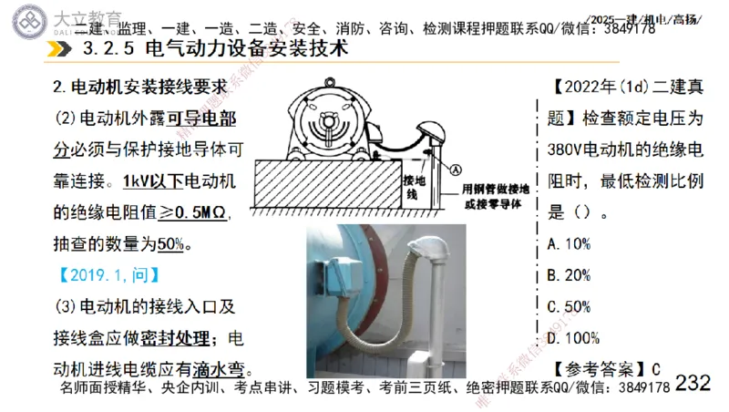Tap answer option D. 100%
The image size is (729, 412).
[573, 337]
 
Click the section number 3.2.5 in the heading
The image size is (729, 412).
[109, 48]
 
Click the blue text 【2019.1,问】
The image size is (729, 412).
[108, 274]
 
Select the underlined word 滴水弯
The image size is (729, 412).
[220, 369]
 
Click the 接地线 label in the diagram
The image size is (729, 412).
[411, 188]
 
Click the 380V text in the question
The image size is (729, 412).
[566, 149]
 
